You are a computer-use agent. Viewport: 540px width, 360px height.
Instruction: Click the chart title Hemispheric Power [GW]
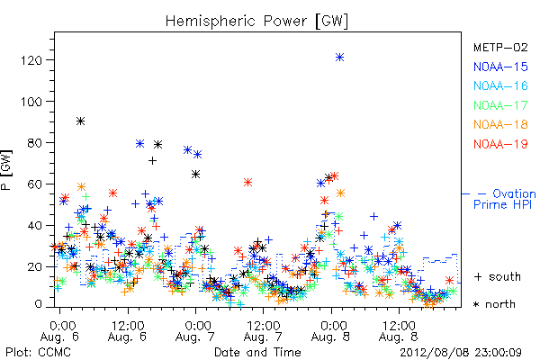[x=256, y=21]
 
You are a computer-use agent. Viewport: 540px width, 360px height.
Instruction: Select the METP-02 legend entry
[x=500, y=47]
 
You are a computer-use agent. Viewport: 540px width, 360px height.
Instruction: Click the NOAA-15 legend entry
[x=500, y=67]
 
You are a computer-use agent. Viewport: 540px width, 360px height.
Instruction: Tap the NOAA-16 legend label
[x=500, y=85]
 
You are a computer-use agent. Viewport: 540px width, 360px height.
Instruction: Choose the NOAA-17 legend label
[x=500, y=105]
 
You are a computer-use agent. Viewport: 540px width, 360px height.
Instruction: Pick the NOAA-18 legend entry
[x=500, y=124]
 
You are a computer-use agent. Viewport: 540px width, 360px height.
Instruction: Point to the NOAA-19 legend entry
[x=500, y=144]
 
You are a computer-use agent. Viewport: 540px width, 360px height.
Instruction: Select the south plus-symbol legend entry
[x=498, y=276]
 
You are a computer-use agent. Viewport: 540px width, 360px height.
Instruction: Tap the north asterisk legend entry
[x=494, y=304]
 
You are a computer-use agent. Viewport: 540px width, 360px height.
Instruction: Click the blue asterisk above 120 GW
[x=339, y=58]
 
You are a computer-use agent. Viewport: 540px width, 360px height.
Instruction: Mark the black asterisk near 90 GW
[x=80, y=121]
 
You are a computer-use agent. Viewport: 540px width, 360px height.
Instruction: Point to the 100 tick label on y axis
[x=31, y=102]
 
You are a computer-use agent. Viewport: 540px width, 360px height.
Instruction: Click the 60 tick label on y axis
[x=35, y=184]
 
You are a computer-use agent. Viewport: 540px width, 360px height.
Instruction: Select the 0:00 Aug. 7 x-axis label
[x=195, y=331]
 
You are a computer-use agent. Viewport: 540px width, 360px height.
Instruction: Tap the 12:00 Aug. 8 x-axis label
[x=399, y=331]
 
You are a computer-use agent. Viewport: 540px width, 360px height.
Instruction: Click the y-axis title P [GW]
[x=7, y=170]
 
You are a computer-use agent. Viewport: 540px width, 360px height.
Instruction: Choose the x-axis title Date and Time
[x=257, y=353]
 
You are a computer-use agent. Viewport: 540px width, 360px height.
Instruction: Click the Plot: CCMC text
[x=38, y=353]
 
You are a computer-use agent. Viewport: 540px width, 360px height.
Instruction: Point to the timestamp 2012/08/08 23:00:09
[x=461, y=353]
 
